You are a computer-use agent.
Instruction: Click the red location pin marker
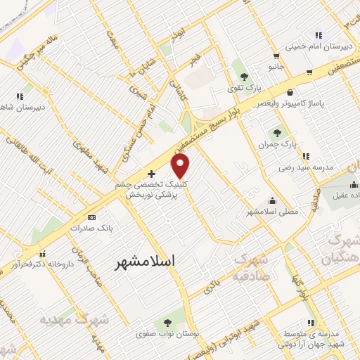click(x=181, y=166)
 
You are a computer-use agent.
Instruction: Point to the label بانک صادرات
click(x=96, y=229)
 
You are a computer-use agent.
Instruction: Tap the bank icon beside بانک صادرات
click(x=93, y=217)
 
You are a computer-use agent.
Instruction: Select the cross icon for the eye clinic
click(x=151, y=173)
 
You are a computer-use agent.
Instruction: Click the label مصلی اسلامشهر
click(x=272, y=211)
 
